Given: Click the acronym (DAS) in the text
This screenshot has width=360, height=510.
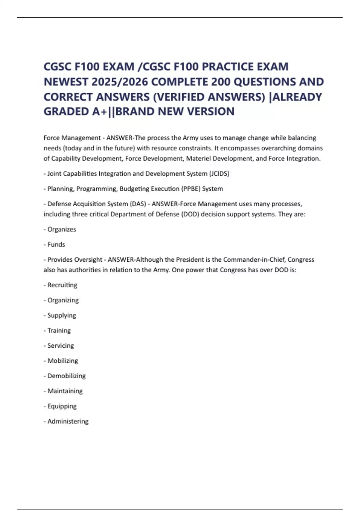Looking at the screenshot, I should (x=138, y=204).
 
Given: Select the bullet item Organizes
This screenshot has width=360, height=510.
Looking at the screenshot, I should (x=61, y=229).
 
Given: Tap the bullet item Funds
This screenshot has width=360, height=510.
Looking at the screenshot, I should (x=56, y=244).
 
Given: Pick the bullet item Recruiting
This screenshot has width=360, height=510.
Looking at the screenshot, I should (x=62, y=285).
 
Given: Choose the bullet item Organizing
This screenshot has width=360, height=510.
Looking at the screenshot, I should (x=63, y=300).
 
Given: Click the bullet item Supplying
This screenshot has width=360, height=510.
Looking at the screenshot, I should (x=61, y=316).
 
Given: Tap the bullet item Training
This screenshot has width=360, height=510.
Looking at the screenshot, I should (x=59, y=331).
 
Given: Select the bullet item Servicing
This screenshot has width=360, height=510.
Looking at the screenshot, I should (x=61, y=346).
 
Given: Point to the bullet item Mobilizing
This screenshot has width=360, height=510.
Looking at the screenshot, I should (x=63, y=361).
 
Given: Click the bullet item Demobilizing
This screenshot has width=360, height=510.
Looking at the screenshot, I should (x=67, y=376).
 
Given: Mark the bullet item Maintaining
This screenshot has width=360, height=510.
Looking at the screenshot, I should (x=65, y=391).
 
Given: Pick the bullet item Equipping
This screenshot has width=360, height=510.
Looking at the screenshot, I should (x=62, y=406).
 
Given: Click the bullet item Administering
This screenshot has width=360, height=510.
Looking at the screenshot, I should (x=68, y=421).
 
